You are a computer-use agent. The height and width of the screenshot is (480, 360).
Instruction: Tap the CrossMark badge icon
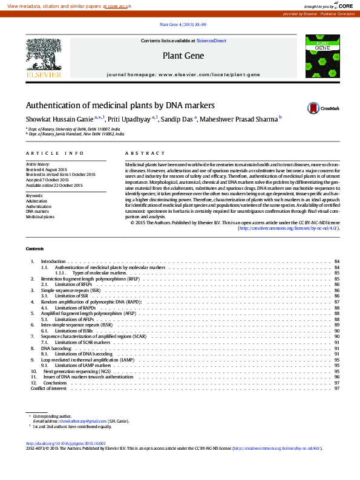[313, 108]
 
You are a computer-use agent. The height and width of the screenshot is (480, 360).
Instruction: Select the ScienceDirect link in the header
[211, 41]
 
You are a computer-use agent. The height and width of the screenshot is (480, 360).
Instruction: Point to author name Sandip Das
[179, 119]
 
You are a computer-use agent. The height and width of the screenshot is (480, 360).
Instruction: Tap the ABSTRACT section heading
[145, 154]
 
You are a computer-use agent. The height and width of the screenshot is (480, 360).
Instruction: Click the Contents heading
[34, 249]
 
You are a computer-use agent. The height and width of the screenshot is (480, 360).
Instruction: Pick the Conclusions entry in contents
[55, 383]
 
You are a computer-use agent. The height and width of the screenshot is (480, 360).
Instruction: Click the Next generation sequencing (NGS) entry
[77, 371]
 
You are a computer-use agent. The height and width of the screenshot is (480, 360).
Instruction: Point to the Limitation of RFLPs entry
[74, 284]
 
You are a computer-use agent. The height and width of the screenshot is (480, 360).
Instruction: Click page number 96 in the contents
[336, 377]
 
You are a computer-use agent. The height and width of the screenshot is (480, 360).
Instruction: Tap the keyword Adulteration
[35, 201]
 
